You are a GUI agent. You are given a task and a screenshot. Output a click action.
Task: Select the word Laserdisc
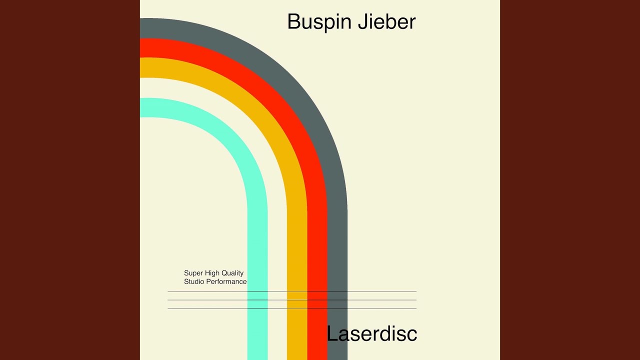(x=371, y=333)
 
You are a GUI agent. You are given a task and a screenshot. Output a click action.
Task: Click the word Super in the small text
(x=193, y=273)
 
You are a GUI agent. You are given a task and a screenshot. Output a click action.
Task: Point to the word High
(x=212, y=273)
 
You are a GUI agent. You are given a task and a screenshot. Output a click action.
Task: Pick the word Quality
(x=232, y=273)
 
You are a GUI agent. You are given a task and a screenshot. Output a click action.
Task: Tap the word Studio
(x=194, y=281)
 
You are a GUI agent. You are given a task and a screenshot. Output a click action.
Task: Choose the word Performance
(x=226, y=281)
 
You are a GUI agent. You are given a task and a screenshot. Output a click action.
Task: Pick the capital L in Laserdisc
(x=331, y=333)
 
